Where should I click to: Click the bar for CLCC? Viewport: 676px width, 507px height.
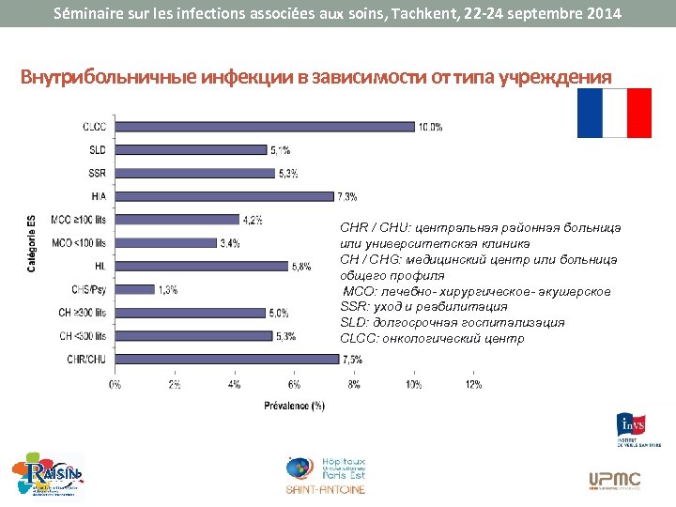(x=265, y=127)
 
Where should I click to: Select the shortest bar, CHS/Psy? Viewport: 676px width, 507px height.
(x=135, y=289)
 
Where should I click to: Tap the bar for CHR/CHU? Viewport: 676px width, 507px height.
(x=226, y=359)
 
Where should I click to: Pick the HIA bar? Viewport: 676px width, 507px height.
(x=224, y=196)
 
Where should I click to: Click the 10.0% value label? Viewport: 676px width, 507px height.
(x=431, y=127)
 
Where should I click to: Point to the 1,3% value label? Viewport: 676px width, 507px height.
(x=169, y=289)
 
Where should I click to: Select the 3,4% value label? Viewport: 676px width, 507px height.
(x=230, y=243)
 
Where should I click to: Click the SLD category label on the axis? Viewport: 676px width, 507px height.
(x=97, y=150)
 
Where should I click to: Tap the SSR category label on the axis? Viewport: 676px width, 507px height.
(x=97, y=173)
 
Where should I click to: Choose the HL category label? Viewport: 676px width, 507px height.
(x=100, y=266)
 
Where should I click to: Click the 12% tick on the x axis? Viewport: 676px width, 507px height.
(x=474, y=384)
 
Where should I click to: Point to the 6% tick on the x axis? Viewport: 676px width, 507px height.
(x=294, y=384)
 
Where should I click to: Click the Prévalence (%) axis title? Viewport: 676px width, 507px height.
(x=294, y=406)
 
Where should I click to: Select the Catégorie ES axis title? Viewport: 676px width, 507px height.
(x=31, y=243)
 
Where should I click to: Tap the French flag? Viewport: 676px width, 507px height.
(x=614, y=113)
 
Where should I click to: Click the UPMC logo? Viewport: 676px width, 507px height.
(x=615, y=480)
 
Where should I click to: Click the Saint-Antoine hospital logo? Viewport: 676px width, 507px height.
(x=326, y=474)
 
